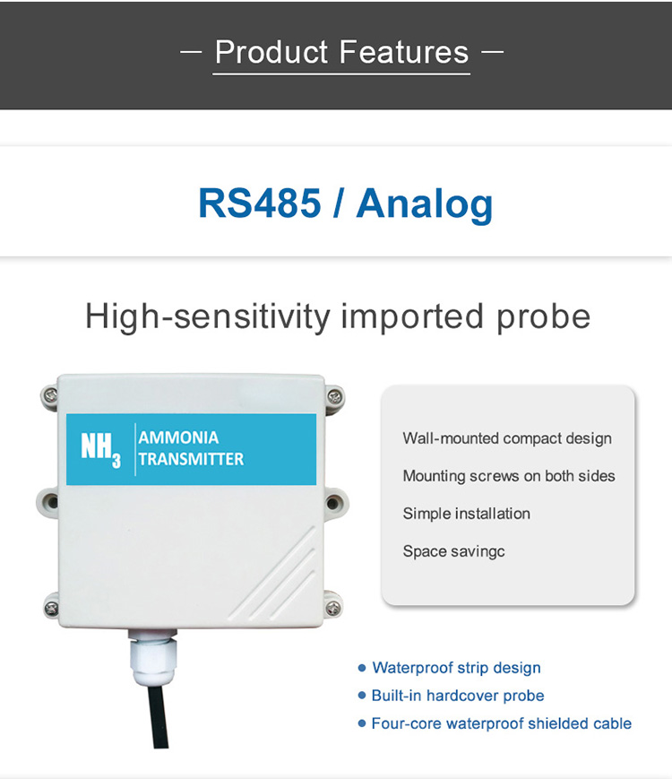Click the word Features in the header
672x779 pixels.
[x=404, y=52]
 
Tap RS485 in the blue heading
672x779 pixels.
[x=259, y=203]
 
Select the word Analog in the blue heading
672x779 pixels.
[x=425, y=204]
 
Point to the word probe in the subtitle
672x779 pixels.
[x=543, y=318]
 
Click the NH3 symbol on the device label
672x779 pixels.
[x=101, y=450]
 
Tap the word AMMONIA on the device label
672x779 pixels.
[x=178, y=437]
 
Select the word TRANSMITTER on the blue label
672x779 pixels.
[x=191, y=459]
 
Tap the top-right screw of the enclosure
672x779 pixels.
[x=334, y=396]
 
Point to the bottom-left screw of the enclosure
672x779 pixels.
[x=51, y=607]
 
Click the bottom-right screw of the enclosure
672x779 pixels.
[x=332, y=607]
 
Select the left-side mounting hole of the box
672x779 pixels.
[x=51, y=502]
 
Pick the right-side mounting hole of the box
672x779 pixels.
[x=333, y=503]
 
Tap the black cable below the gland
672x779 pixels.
[x=158, y=715]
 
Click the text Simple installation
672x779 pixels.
[x=467, y=514]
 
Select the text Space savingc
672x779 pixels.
[x=453, y=551]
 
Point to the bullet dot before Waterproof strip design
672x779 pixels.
[x=362, y=668]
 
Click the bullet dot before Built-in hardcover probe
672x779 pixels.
[x=362, y=696]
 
